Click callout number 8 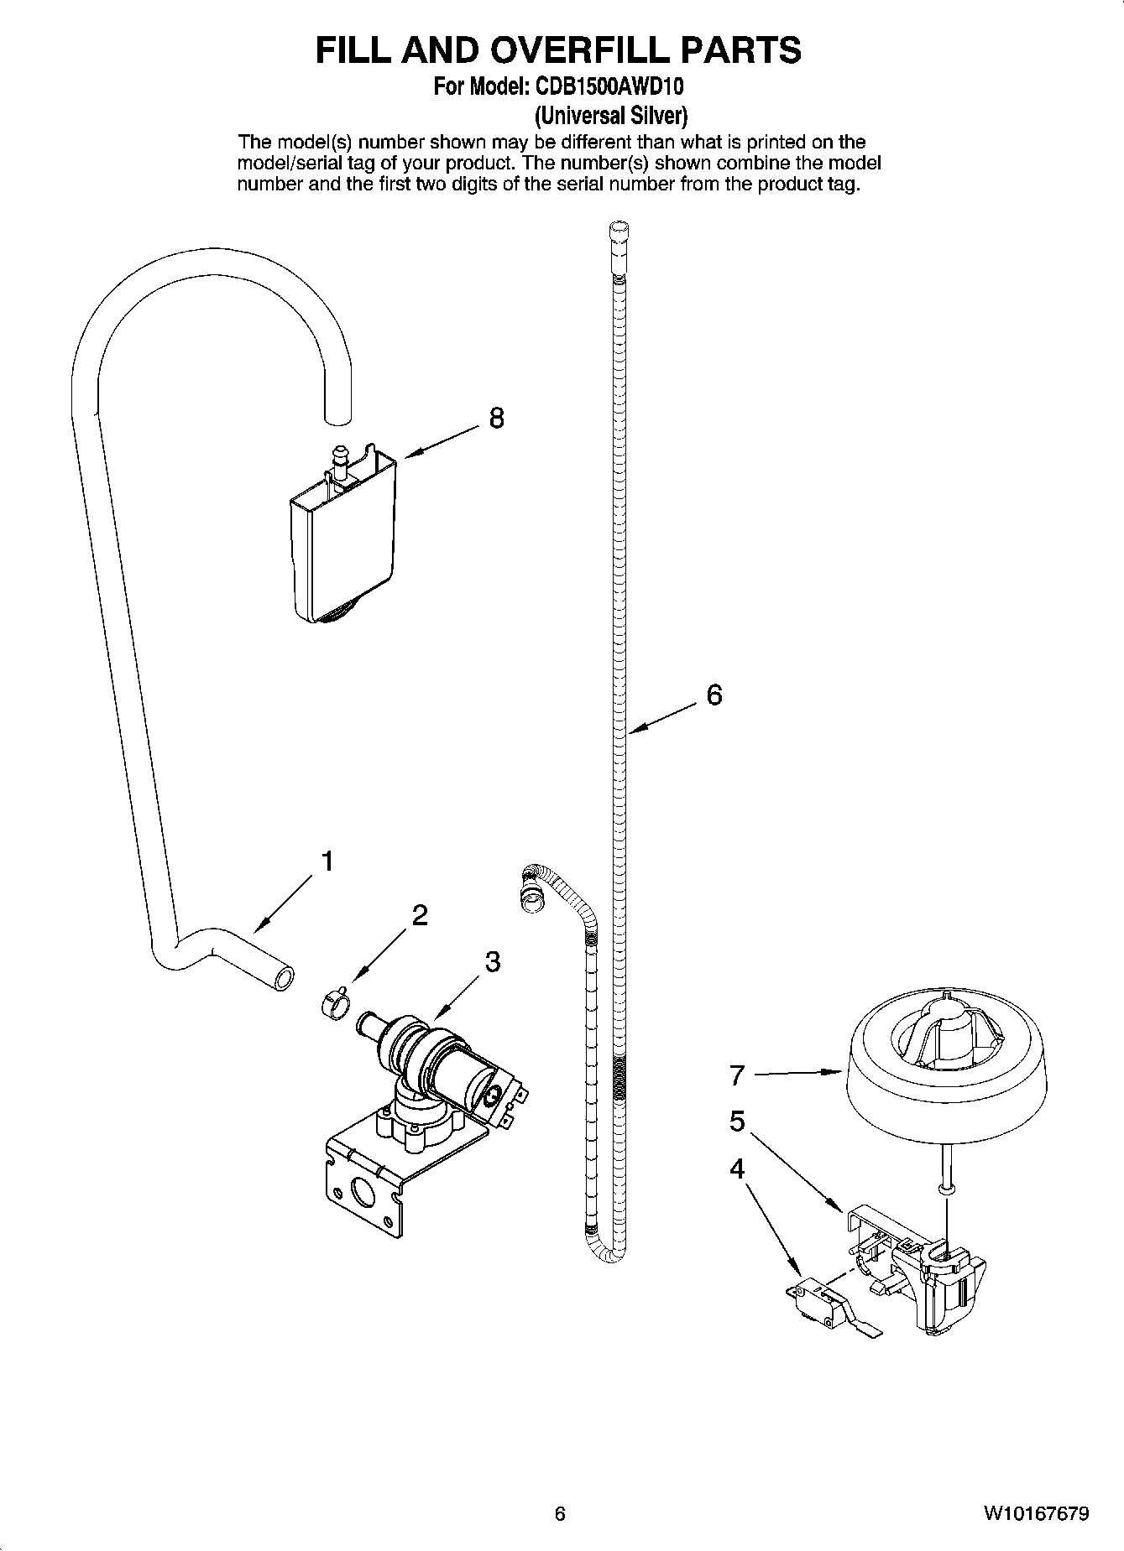(x=496, y=418)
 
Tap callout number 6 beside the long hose (x=714, y=695)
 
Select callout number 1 (x=328, y=861)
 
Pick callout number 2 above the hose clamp (x=420, y=915)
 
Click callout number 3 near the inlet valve (x=493, y=961)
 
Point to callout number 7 (x=737, y=1075)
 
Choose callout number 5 (x=737, y=1121)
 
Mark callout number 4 (x=737, y=1168)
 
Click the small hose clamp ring (x=334, y=1002)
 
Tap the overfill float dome (x=947, y=1074)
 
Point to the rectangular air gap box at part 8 (x=342, y=549)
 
